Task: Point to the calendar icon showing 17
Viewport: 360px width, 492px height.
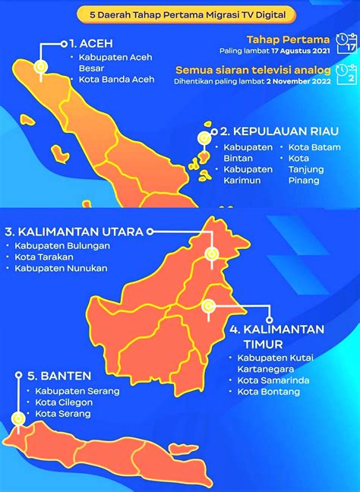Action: [x=347, y=43]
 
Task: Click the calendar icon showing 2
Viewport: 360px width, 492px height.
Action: [x=347, y=74]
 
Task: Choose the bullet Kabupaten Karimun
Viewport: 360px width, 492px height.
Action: [x=248, y=174]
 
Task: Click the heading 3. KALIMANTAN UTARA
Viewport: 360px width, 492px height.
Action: [x=74, y=231]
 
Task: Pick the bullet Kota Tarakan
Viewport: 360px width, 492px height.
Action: [x=45, y=257]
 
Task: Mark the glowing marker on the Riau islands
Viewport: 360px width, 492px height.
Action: [x=204, y=138]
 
